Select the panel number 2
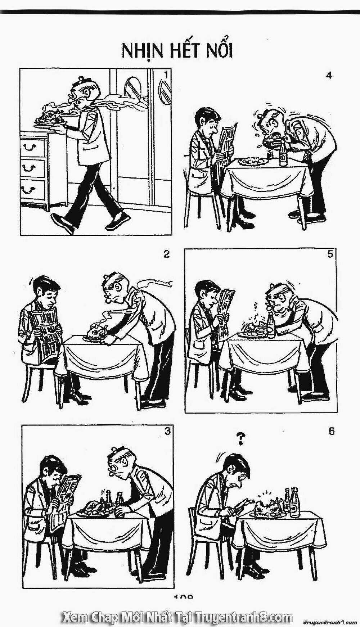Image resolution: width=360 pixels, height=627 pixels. [x=166, y=254]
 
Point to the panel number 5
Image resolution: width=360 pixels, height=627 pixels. [x=330, y=254]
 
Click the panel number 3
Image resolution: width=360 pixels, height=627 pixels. [x=167, y=431]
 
